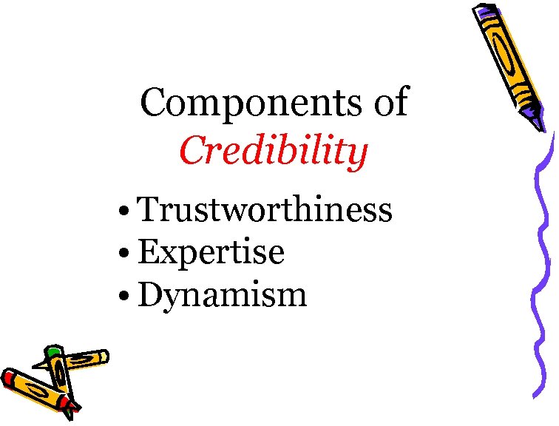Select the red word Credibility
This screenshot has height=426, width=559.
(274, 152)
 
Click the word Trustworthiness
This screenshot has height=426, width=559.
(265, 209)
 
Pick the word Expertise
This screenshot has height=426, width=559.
(211, 252)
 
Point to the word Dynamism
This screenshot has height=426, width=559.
(222, 295)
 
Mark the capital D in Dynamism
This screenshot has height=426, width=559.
(150, 294)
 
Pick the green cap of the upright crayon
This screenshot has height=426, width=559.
(52, 351)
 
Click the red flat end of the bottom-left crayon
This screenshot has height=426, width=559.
(8, 378)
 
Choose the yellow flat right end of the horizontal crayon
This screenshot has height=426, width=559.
(105, 356)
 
